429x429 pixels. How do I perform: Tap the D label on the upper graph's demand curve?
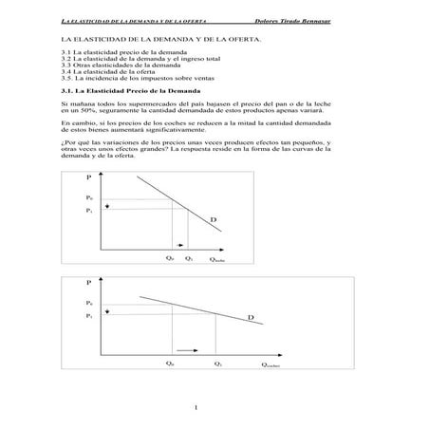214,219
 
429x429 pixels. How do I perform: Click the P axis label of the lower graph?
88,283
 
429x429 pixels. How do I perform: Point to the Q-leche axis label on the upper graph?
217,258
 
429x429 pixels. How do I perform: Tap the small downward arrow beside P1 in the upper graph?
109,206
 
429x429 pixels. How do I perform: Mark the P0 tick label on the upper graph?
89,197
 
